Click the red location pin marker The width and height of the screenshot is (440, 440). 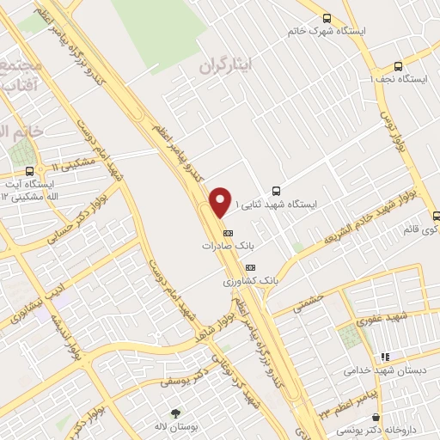click(221, 202)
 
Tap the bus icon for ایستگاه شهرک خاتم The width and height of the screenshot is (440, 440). click(327, 18)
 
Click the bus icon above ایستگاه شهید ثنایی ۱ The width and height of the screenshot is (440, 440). click(275, 191)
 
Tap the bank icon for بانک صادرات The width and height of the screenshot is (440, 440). click(228, 232)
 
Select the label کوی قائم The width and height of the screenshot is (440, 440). click(420, 230)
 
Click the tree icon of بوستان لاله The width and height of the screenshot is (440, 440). click(176, 412)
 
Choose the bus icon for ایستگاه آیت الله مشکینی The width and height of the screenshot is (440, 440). click(30, 170)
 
